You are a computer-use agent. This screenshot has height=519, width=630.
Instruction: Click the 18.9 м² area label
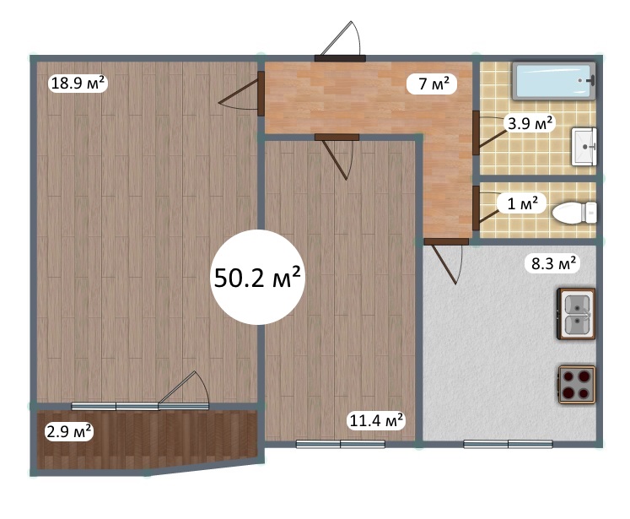pos(78,84)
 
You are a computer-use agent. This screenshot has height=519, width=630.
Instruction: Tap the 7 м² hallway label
pos(432,84)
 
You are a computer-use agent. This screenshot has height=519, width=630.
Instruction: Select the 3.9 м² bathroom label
pos(530,123)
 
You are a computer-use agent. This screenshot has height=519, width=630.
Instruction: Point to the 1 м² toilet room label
pos(521,203)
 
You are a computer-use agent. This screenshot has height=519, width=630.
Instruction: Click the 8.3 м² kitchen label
pos(553,264)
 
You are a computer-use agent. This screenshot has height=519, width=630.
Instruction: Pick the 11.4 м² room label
pos(376,421)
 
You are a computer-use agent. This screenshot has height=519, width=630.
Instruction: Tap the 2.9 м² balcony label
pos(69,432)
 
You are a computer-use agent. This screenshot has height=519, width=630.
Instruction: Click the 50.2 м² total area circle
pos(258,277)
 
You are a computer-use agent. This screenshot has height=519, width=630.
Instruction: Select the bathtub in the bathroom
pos(553,81)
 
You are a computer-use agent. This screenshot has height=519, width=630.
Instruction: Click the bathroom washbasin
pos(584,147)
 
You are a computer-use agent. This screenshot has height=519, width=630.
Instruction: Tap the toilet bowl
pos(574,213)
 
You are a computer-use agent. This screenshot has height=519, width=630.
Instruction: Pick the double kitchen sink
pos(576,314)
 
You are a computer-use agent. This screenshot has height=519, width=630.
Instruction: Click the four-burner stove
pos(577,384)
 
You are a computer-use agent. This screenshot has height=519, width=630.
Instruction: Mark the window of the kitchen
pos(508,444)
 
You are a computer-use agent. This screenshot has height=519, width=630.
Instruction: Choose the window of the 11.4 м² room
pos(341,444)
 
